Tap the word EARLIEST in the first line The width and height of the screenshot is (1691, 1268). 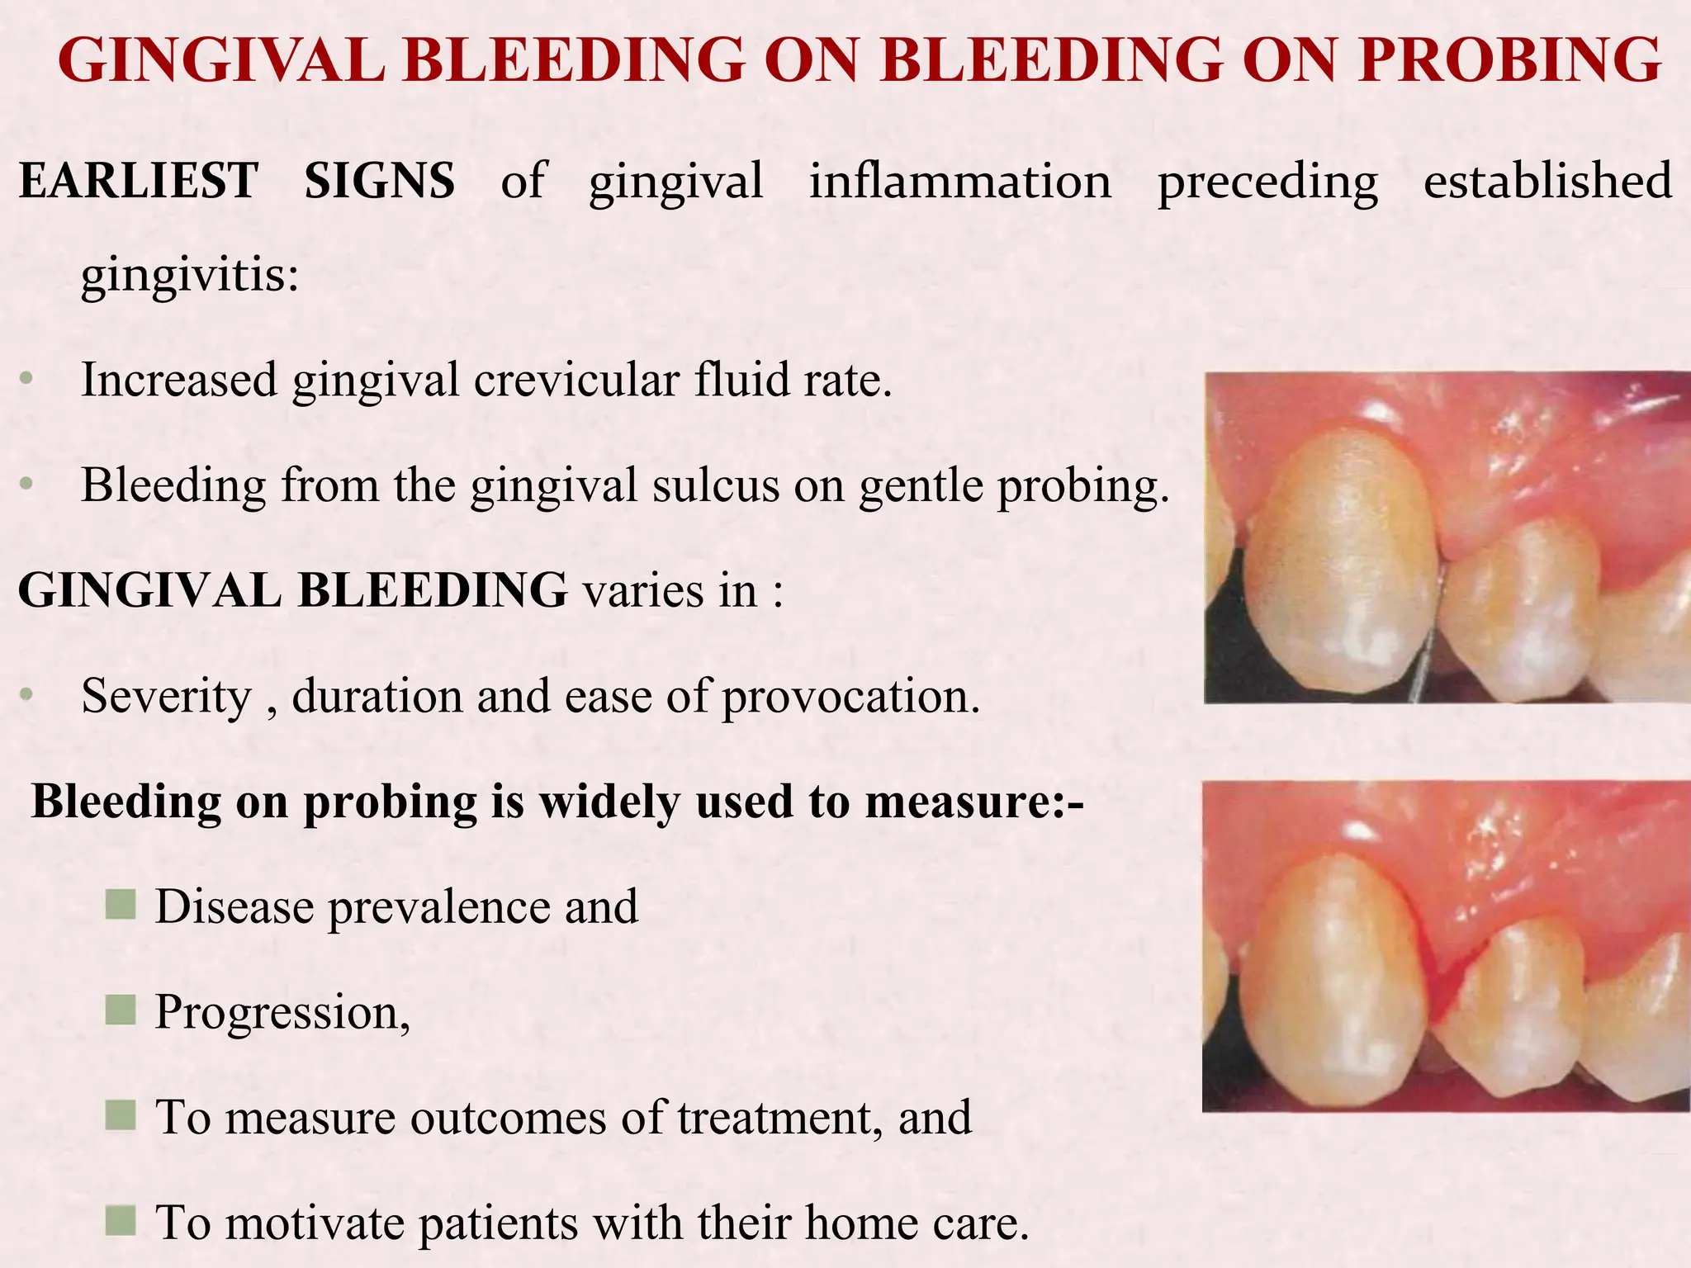tap(138, 181)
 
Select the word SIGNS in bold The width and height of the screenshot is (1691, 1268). tap(379, 181)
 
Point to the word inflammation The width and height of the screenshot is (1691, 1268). tap(959, 181)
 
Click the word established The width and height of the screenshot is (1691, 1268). tap(1547, 181)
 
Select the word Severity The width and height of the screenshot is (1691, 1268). tap(166, 696)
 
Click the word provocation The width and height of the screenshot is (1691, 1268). tap(850, 696)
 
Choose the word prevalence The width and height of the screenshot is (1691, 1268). tap(442, 906)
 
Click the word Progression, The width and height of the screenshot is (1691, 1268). tap(282, 1011)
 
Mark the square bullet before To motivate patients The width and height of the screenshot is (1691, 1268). tap(121, 1221)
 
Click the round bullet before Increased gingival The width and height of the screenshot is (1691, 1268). tap(27, 380)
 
